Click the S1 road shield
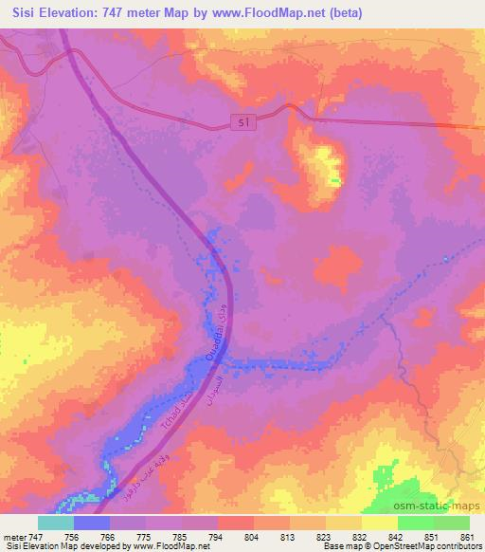point(243,120)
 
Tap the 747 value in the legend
point(36,535)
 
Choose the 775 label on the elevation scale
point(144,535)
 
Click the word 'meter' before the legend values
point(13,535)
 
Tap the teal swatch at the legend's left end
point(56,523)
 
